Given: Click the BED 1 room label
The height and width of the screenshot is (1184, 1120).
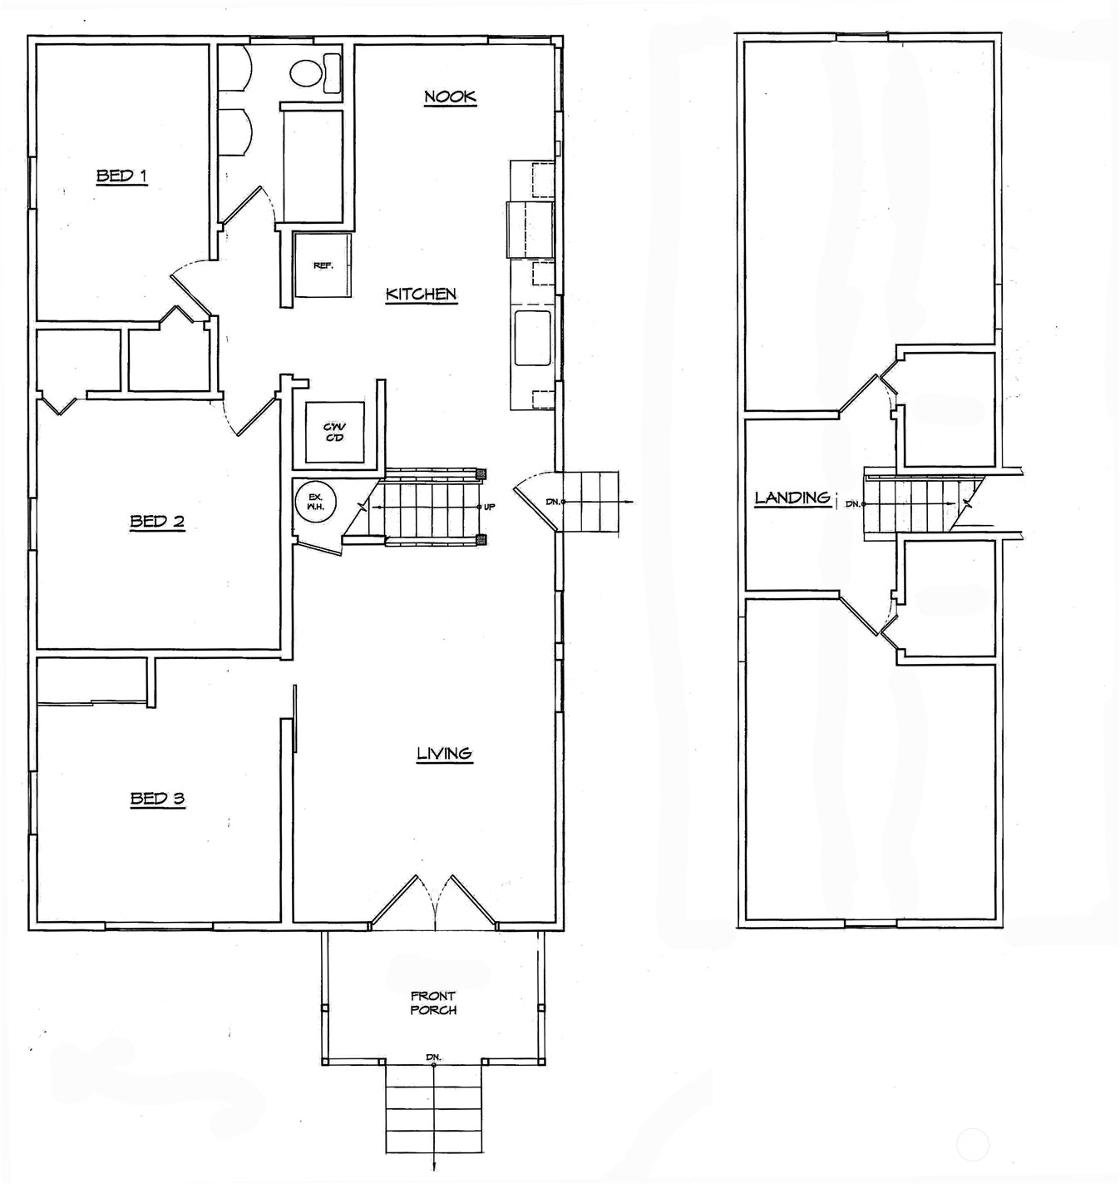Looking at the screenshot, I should click(x=121, y=176).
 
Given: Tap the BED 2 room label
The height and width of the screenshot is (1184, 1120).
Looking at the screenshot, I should click(x=156, y=522).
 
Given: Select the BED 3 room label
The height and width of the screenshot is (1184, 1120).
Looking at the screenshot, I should click(x=157, y=799).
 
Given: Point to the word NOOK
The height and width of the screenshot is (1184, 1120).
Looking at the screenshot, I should click(x=450, y=97).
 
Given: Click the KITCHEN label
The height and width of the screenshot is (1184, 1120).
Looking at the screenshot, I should click(x=421, y=294).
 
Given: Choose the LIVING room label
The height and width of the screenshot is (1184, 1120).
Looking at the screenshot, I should click(x=444, y=753).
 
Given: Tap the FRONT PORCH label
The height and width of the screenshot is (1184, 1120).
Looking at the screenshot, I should click(x=433, y=1003).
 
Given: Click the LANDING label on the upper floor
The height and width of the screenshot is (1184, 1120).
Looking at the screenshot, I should click(x=792, y=498).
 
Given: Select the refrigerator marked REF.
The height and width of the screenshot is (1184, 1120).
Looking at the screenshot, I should click(x=323, y=265).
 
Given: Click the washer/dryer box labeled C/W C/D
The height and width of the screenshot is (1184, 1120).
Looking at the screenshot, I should click(x=334, y=433).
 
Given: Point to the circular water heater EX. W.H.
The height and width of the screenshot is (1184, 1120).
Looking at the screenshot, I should click(x=315, y=502).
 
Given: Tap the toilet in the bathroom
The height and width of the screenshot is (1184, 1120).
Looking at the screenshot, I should click(x=313, y=72).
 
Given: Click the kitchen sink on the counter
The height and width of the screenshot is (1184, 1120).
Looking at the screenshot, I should click(x=532, y=338).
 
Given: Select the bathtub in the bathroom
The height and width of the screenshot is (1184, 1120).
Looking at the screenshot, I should click(x=313, y=166).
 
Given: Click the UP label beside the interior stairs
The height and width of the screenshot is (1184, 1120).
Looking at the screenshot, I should click(x=490, y=507).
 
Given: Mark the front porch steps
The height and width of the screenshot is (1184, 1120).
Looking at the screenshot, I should click(x=433, y=1107).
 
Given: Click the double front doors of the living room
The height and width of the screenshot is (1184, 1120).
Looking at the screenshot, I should click(x=433, y=903).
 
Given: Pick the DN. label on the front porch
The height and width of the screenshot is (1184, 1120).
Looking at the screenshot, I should click(x=433, y=1057).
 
